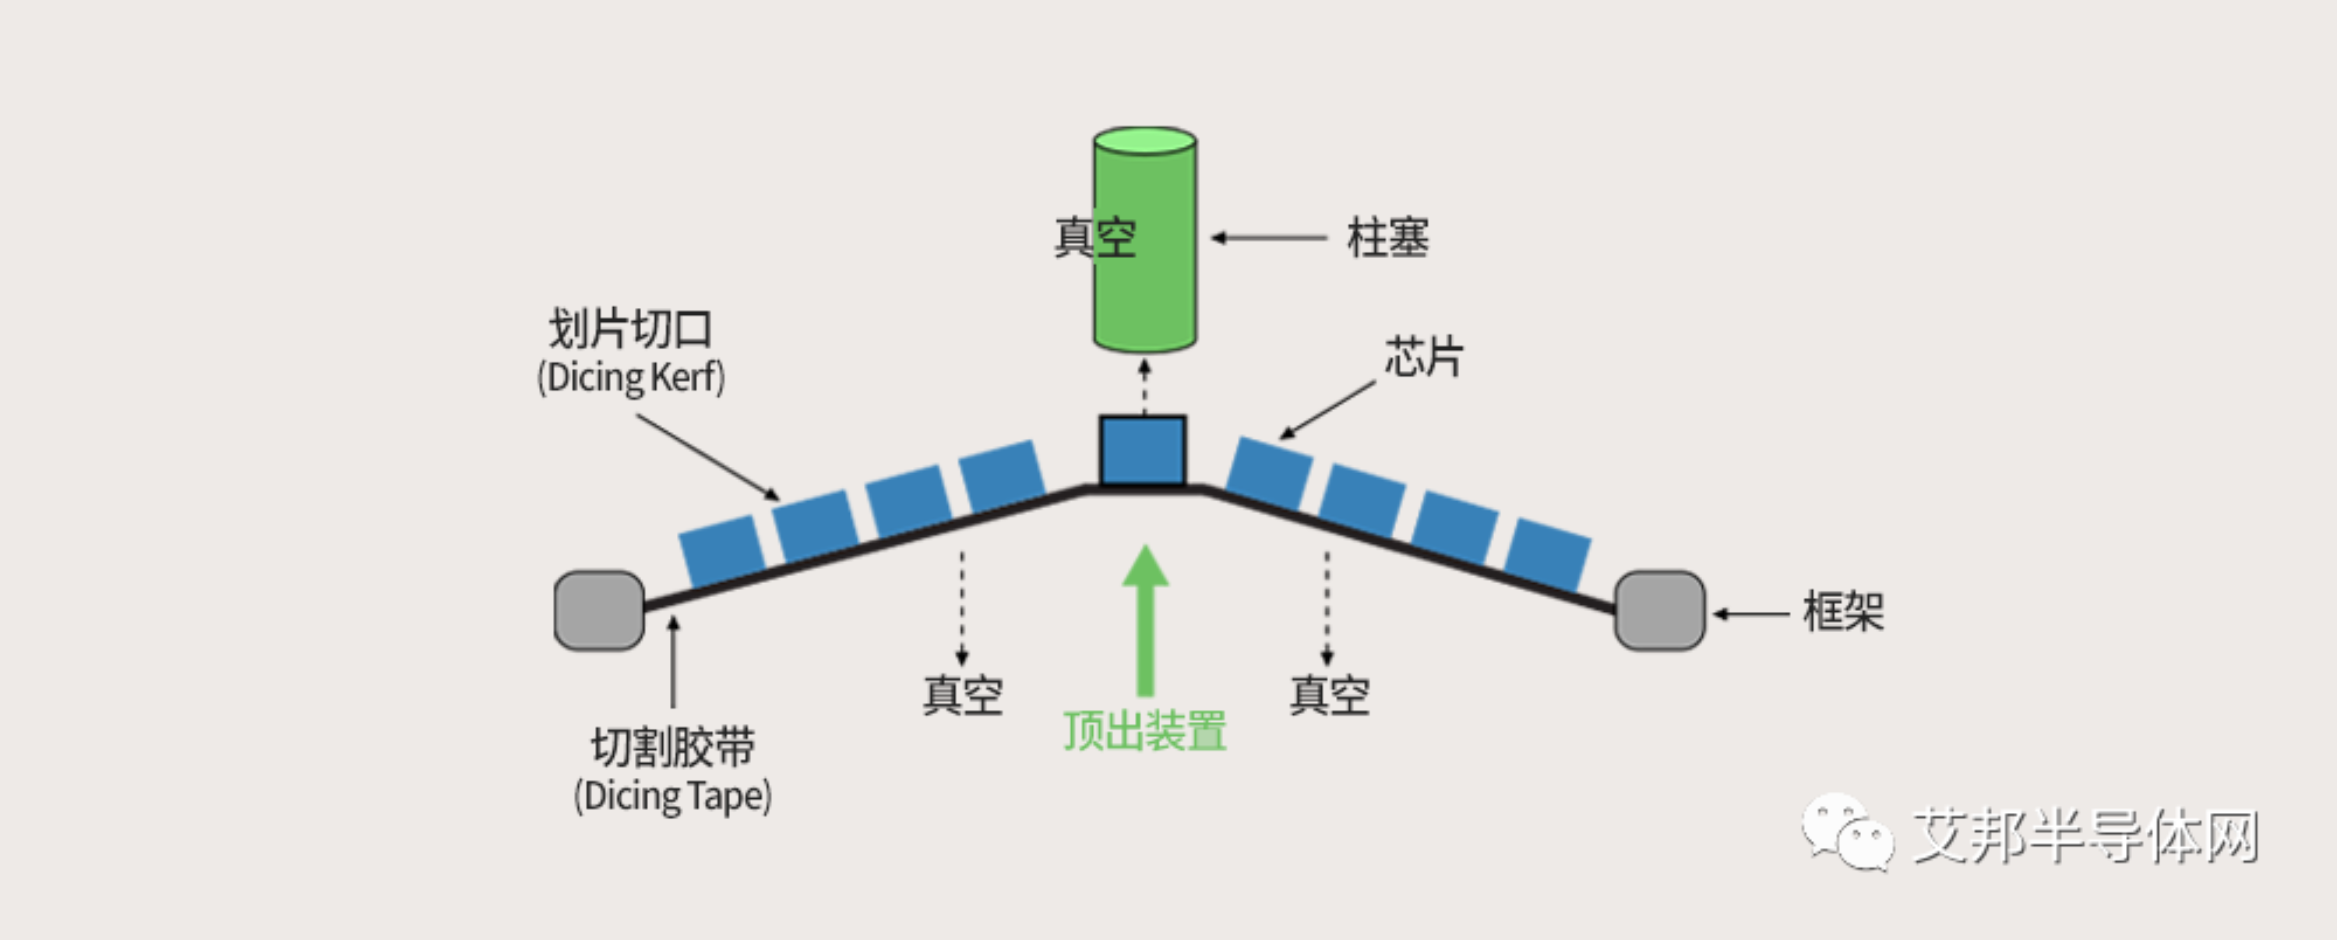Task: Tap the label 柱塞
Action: tap(1387, 238)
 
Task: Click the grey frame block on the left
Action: tap(599, 610)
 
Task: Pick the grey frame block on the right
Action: tap(1659, 610)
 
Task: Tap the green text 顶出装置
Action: tap(1145, 730)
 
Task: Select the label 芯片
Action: tap(1423, 355)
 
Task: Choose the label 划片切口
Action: tap(630, 328)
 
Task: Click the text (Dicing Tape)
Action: tap(672, 797)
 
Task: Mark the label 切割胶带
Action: tap(672, 747)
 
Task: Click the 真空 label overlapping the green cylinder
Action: tap(1094, 238)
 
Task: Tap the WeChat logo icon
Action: tap(1846, 832)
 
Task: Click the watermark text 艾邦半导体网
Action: tap(2085, 836)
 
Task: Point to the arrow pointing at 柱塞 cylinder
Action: tap(1268, 238)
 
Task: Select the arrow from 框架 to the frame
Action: tap(1750, 613)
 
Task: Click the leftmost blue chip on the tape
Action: tap(721, 549)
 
